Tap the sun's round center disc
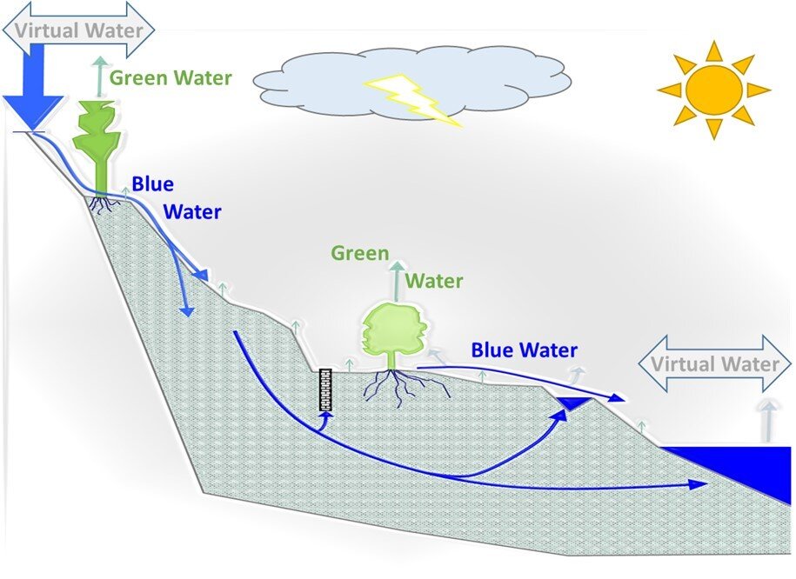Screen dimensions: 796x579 tap(713, 90)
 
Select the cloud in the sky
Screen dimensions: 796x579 tap(412, 83)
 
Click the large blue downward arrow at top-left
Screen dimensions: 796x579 tap(34, 87)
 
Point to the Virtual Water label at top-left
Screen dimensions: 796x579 tap(78, 30)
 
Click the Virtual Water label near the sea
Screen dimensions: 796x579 tap(715, 364)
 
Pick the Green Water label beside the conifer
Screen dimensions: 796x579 tap(171, 78)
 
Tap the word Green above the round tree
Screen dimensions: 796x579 tap(360, 253)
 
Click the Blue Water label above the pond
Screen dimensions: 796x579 tap(524, 350)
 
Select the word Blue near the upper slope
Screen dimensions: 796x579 tap(153, 183)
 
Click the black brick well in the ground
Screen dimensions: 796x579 tap(325, 389)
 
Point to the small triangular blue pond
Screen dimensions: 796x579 tap(572, 403)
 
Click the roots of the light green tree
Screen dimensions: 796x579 tap(404, 387)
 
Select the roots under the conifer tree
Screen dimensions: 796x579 tap(105, 203)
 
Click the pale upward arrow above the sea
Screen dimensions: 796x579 tap(768, 421)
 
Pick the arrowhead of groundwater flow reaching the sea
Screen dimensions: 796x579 tap(699, 483)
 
